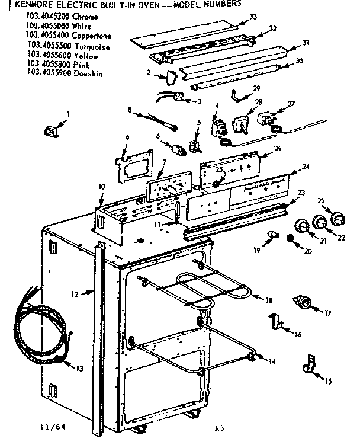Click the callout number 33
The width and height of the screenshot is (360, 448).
253,17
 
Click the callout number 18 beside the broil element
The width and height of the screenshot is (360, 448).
269,301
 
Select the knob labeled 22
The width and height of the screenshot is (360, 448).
320,223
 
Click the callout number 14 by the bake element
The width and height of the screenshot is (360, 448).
272,360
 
